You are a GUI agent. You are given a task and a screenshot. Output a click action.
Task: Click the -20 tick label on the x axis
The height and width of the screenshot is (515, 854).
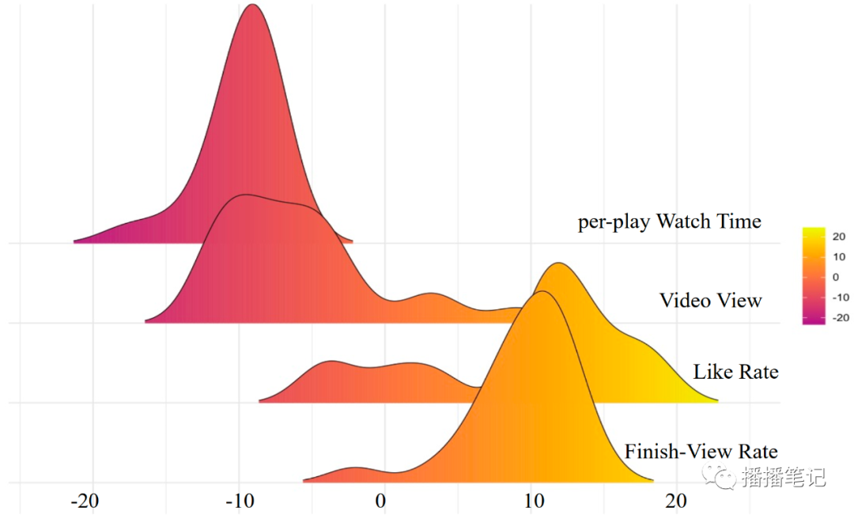point(84,502)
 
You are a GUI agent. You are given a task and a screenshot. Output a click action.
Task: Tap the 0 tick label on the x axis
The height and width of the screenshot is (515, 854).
point(381,502)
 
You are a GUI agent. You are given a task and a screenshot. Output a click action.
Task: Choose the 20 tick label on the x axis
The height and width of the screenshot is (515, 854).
point(676,502)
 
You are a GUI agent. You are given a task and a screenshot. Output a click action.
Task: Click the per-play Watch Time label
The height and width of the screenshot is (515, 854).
point(669,222)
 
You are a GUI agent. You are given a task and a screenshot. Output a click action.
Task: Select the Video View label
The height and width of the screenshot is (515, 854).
point(710,301)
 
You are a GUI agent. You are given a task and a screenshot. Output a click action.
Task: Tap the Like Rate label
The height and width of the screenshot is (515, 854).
point(735,372)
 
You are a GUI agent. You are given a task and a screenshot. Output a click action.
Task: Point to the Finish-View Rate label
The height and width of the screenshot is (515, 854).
point(701,452)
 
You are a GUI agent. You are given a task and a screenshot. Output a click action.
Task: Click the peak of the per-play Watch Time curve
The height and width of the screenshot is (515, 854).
point(252,5)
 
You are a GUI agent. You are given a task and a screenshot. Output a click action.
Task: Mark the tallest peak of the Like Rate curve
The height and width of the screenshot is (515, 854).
point(558,263)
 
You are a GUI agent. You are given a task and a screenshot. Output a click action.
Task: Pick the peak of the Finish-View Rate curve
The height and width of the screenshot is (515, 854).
point(542,292)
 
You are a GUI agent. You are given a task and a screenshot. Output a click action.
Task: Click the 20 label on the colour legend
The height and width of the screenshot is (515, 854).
point(839,236)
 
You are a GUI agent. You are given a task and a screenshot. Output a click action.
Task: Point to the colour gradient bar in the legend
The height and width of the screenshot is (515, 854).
point(814,276)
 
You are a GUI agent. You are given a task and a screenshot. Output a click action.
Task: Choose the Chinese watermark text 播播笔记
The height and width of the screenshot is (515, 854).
point(784,477)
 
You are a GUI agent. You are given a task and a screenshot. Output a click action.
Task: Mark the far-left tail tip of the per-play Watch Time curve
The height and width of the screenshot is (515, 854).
point(74,241)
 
